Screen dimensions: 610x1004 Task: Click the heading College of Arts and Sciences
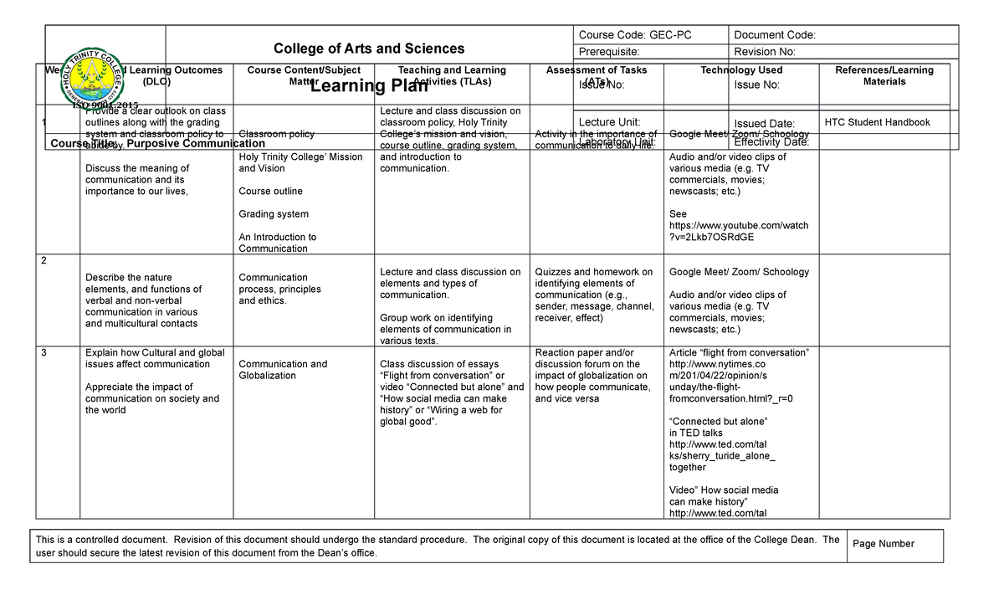[370, 49]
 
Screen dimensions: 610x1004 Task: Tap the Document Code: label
[774, 35]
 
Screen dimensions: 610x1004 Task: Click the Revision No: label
[765, 52]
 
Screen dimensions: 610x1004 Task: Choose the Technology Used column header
[740, 70]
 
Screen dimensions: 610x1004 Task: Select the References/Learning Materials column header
[884, 76]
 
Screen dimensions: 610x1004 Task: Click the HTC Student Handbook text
[877, 122]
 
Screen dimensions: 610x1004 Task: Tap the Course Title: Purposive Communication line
[157, 144]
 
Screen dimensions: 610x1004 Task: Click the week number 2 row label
[44, 260]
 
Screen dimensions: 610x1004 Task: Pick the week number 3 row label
[44, 352]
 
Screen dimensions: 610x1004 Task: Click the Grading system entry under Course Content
[273, 214]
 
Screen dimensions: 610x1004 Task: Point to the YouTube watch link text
[738, 231]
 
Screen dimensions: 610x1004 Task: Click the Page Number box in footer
[883, 544]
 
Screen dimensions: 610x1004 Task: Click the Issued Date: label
[764, 124]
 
